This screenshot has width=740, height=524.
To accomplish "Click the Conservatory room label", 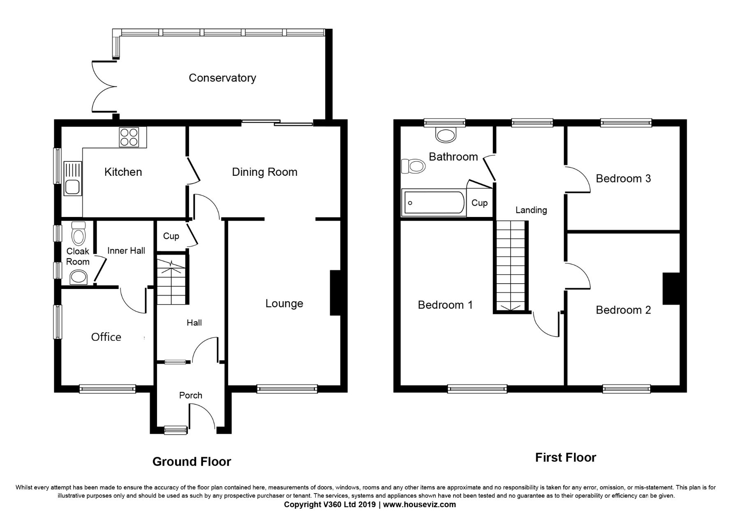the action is coord(222,78).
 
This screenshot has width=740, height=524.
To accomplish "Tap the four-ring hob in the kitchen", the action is coord(132,137).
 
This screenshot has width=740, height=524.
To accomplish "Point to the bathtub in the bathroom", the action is coord(434,203).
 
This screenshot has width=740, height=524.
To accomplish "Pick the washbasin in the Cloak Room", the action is coord(78,277).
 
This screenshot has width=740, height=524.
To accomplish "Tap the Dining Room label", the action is coord(264,172).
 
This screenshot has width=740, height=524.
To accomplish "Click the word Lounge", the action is coord(284,304).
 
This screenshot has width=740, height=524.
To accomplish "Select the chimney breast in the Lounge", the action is coord(335,293).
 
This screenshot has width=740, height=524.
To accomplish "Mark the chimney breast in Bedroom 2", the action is coord(671,289).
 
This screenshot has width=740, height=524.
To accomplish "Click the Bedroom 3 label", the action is coord(623,179).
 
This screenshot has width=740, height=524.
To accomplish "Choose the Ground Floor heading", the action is coord(192,462).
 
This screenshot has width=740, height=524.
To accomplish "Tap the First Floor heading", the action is coord(565,458).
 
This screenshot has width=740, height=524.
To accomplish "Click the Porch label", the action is coord(191,396).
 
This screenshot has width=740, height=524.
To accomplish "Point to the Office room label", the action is coord(106,337).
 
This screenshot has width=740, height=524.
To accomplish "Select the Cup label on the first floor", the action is coord(479,203).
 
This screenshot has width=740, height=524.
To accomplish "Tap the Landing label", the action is coord(531,210).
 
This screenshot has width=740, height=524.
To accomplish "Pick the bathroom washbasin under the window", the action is coord(445,135).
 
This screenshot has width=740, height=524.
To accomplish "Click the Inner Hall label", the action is coord(126,251).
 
